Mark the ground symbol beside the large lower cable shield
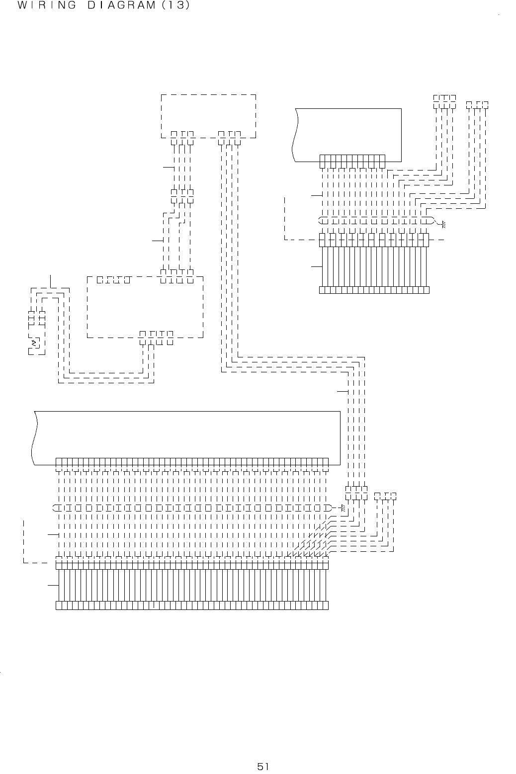pos(343,508)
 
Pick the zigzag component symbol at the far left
pos(34,343)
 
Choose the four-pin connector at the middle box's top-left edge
pos(114,279)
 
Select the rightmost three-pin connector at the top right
pos(478,104)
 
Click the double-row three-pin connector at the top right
pos(444,100)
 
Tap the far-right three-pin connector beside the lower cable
pos(385,496)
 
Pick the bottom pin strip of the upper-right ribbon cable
pos(374,290)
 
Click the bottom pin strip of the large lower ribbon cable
pos(192,605)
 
